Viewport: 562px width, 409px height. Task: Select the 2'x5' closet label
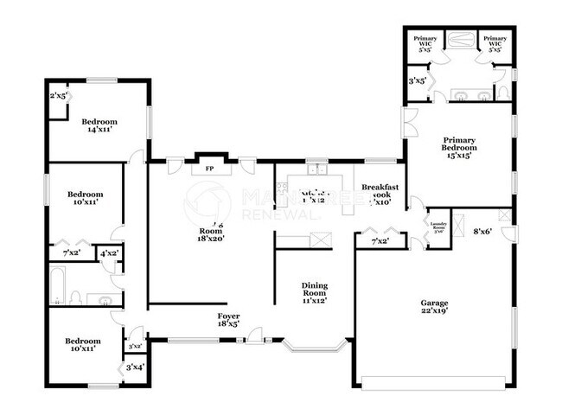tap(59, 96)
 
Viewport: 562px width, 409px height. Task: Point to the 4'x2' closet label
tap(110, 253)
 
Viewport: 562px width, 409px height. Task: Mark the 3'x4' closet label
tap(135, 367)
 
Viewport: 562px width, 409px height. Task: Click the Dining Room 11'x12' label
tap(314, 291)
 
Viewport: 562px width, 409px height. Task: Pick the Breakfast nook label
tap(380, 193)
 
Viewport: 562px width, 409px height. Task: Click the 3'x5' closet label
tap(417, 80)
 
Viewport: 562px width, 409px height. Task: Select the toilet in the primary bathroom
tap(502, 92)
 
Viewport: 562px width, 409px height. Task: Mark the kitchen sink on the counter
tap(316, 166)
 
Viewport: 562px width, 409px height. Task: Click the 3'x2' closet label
tap(134, 346)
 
